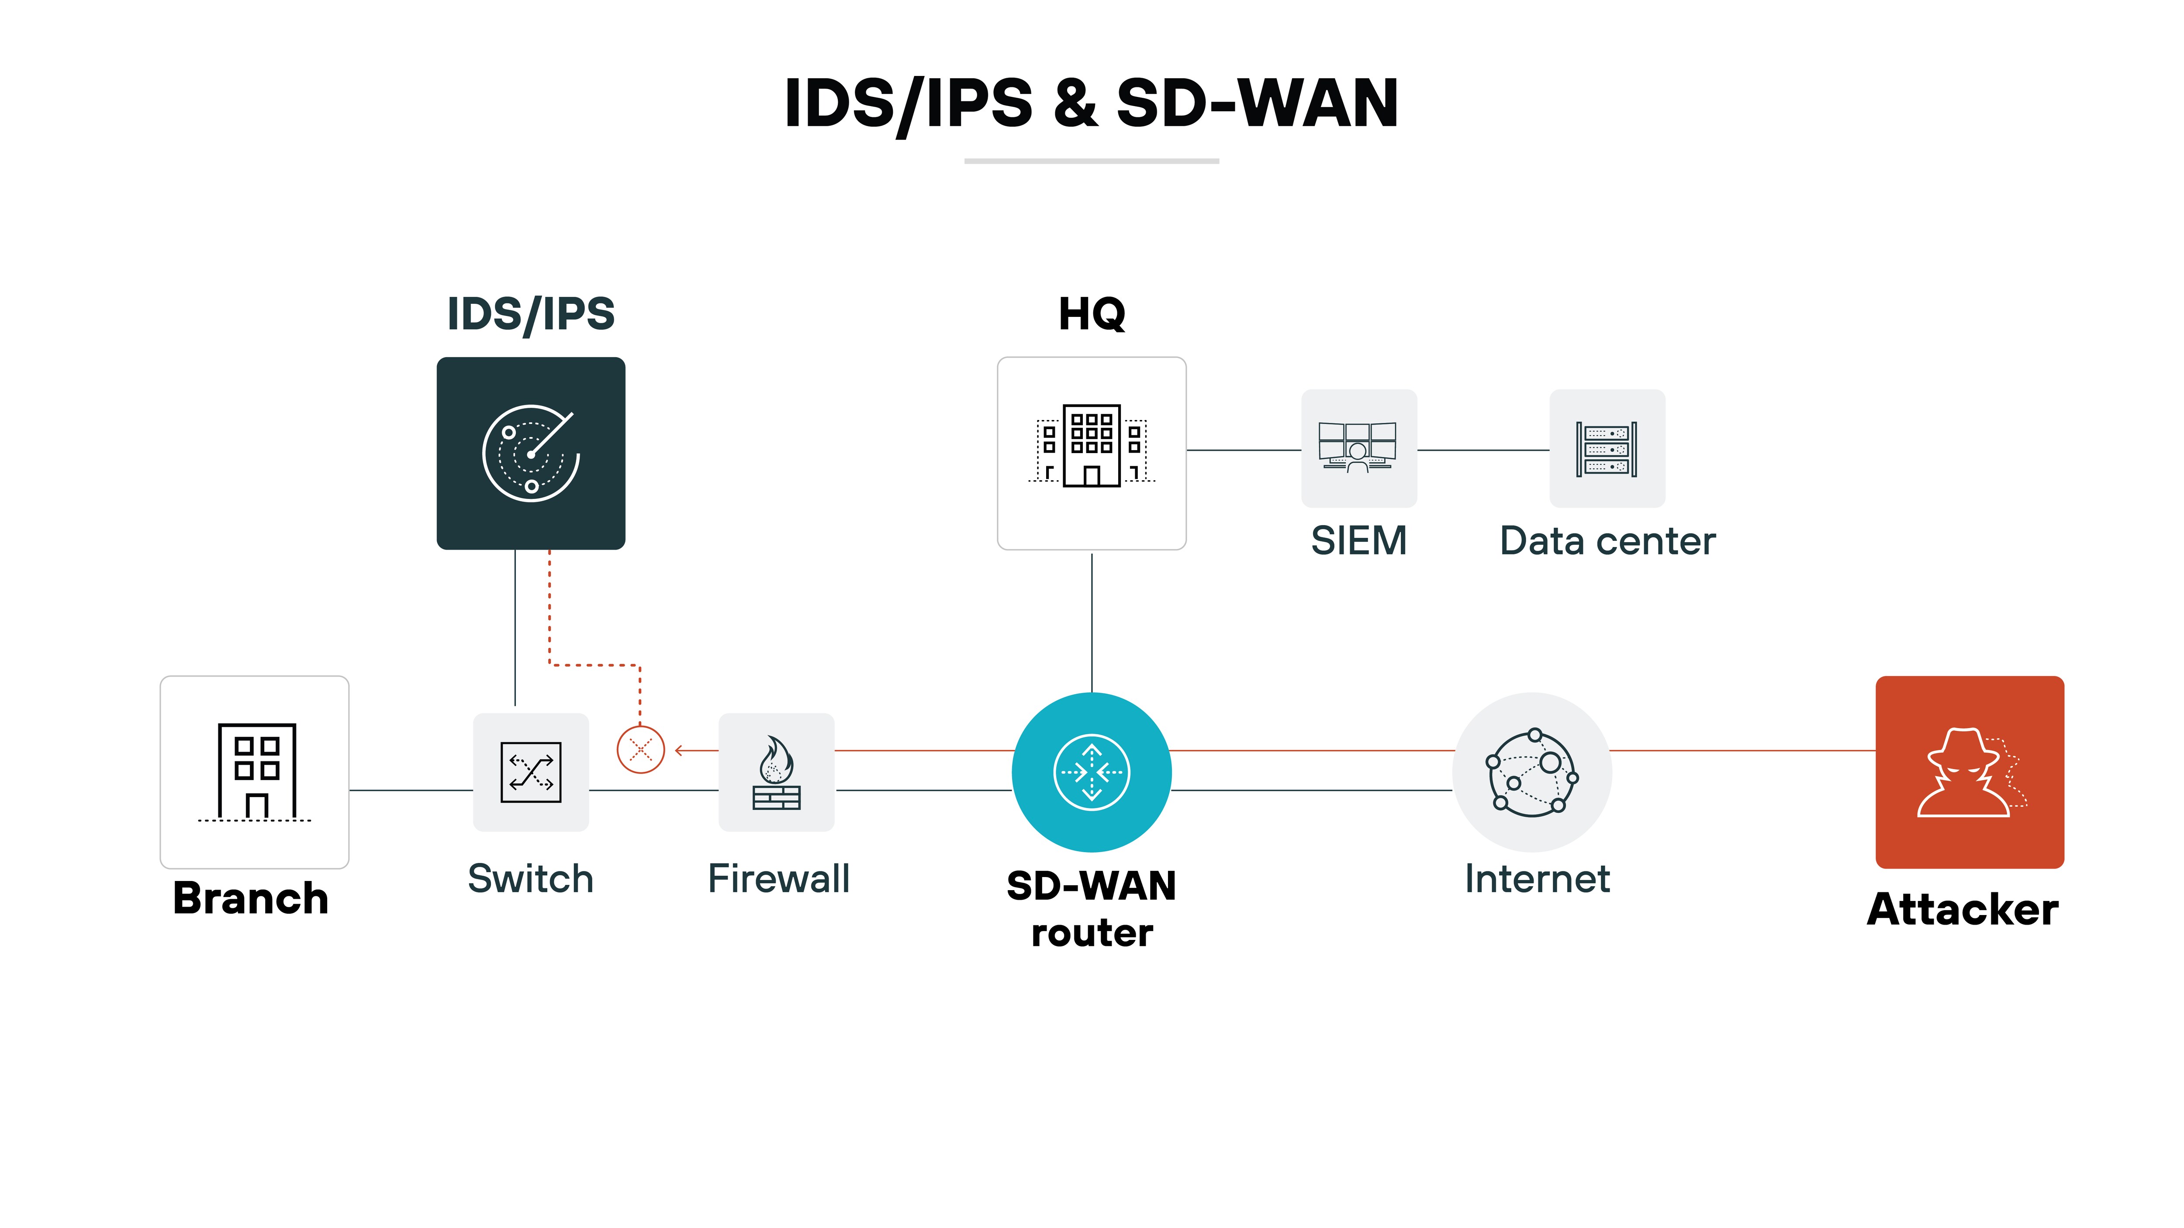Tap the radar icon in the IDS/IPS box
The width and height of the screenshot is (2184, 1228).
[x=531, y=454]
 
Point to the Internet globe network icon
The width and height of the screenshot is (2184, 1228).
[x=1532, y=772]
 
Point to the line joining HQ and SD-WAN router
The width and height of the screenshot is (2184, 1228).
[x=1092, y=623]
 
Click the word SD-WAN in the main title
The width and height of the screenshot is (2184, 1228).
[x=1257, y=103]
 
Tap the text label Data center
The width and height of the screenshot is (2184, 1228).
[x=1607, y=541]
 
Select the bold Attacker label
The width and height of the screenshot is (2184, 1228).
[x=1963, y=909]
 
